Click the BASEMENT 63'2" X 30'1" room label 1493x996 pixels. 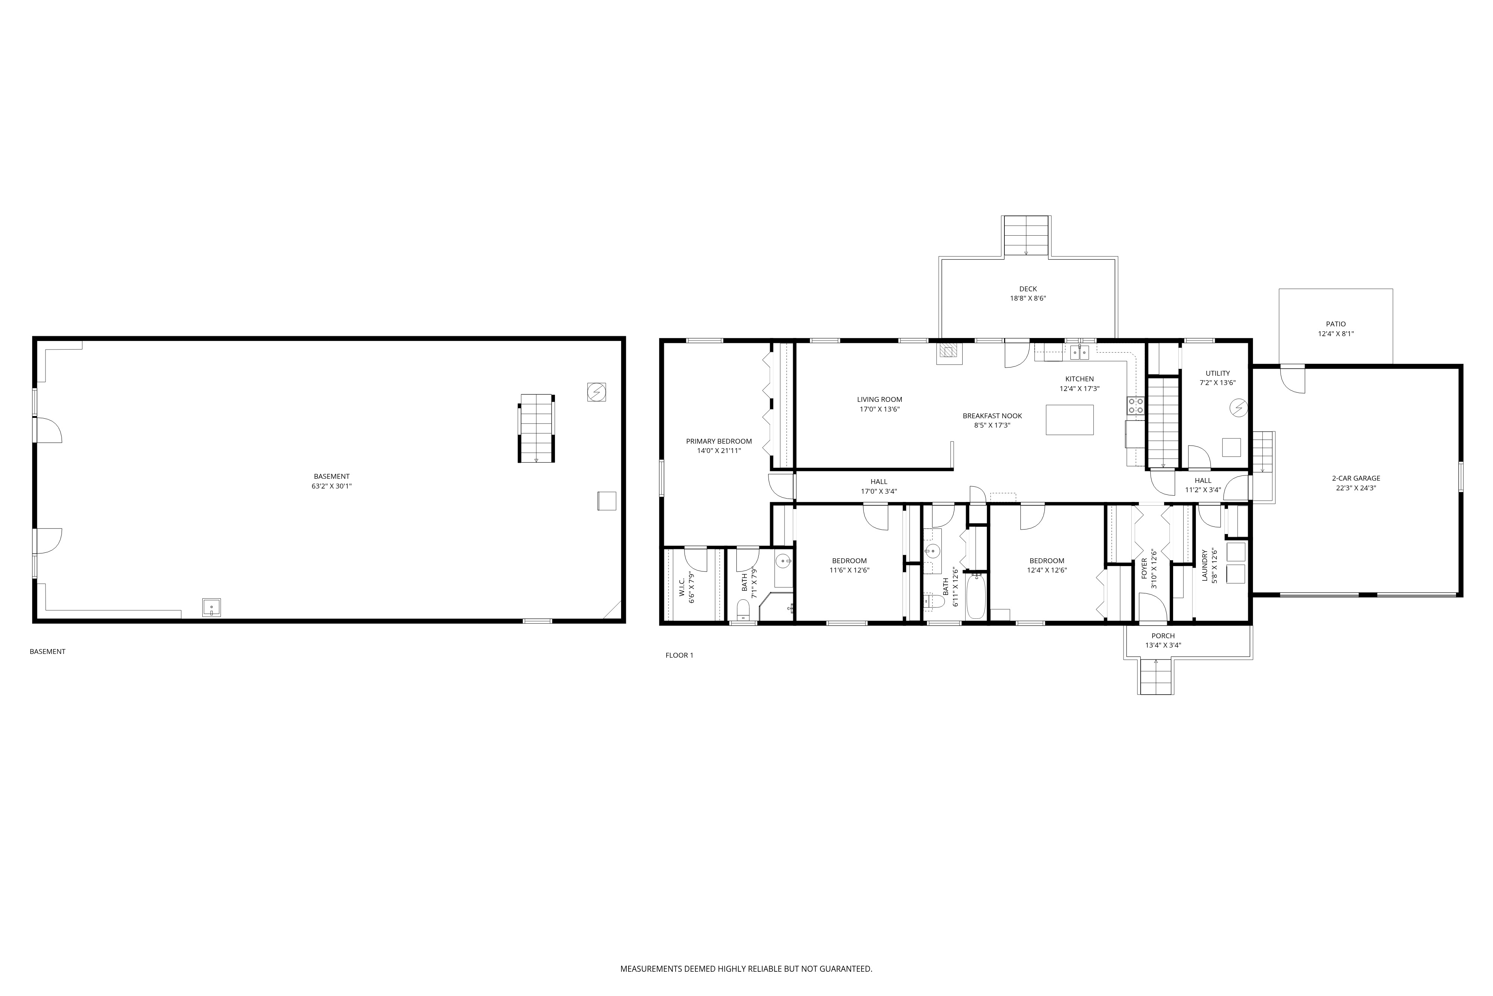332,481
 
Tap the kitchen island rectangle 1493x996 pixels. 1070,420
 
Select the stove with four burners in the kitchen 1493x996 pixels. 1136,405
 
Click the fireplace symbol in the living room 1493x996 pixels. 949,353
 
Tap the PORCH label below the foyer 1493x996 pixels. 1163,636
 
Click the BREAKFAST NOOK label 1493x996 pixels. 992,416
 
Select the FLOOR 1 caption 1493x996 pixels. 679,655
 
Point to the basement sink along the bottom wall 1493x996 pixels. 211,608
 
